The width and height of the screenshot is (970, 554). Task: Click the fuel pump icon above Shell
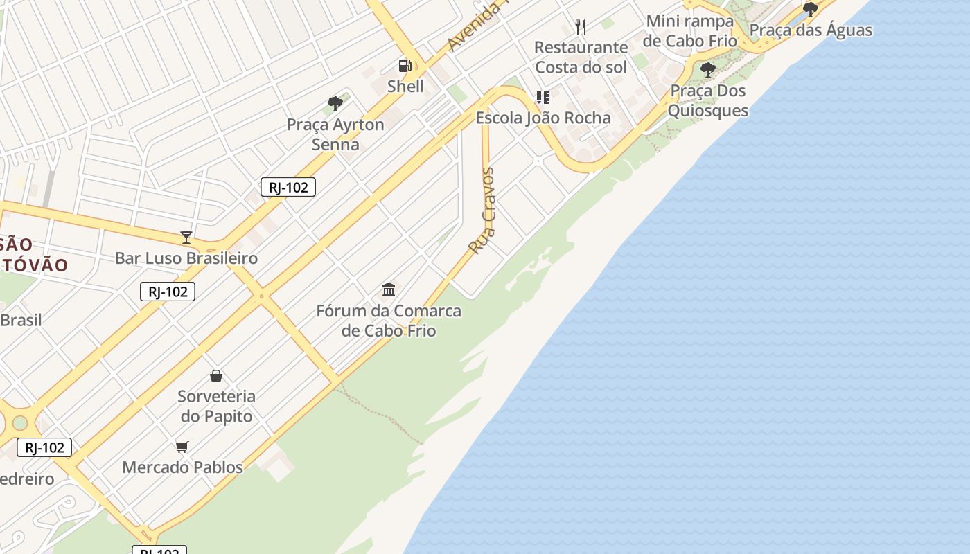(405, 66)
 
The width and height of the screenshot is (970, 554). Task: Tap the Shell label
(405, 87)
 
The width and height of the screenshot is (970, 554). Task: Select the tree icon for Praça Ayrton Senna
(335, 105)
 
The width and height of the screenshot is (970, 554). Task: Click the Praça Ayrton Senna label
(335, 134)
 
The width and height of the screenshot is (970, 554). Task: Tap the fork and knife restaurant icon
(581, 27)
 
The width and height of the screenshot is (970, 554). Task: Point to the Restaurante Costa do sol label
(581, 57)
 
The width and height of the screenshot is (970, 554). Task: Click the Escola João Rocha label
(543, 118)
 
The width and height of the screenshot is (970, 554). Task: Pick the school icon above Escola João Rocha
(543, 98)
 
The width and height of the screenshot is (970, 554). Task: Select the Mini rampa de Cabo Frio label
(689, 30)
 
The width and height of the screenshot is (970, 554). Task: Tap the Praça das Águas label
(811, 30)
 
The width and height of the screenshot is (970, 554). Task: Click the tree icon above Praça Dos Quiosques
(707, 70)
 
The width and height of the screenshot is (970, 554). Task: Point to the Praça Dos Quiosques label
(707, 100)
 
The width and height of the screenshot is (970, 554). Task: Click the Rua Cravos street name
(482, 211)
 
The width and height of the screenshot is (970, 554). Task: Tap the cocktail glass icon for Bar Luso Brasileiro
(186, 238)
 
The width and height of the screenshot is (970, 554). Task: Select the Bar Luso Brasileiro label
(186, 258)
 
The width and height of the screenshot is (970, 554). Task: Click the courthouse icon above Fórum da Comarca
(389, 289)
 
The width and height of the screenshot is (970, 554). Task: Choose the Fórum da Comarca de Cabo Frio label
(389, 321)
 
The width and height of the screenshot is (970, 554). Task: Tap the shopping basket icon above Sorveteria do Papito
(216, 376)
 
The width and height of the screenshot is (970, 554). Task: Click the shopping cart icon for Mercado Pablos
(182, 447)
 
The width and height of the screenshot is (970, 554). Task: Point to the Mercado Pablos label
(182, 467)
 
